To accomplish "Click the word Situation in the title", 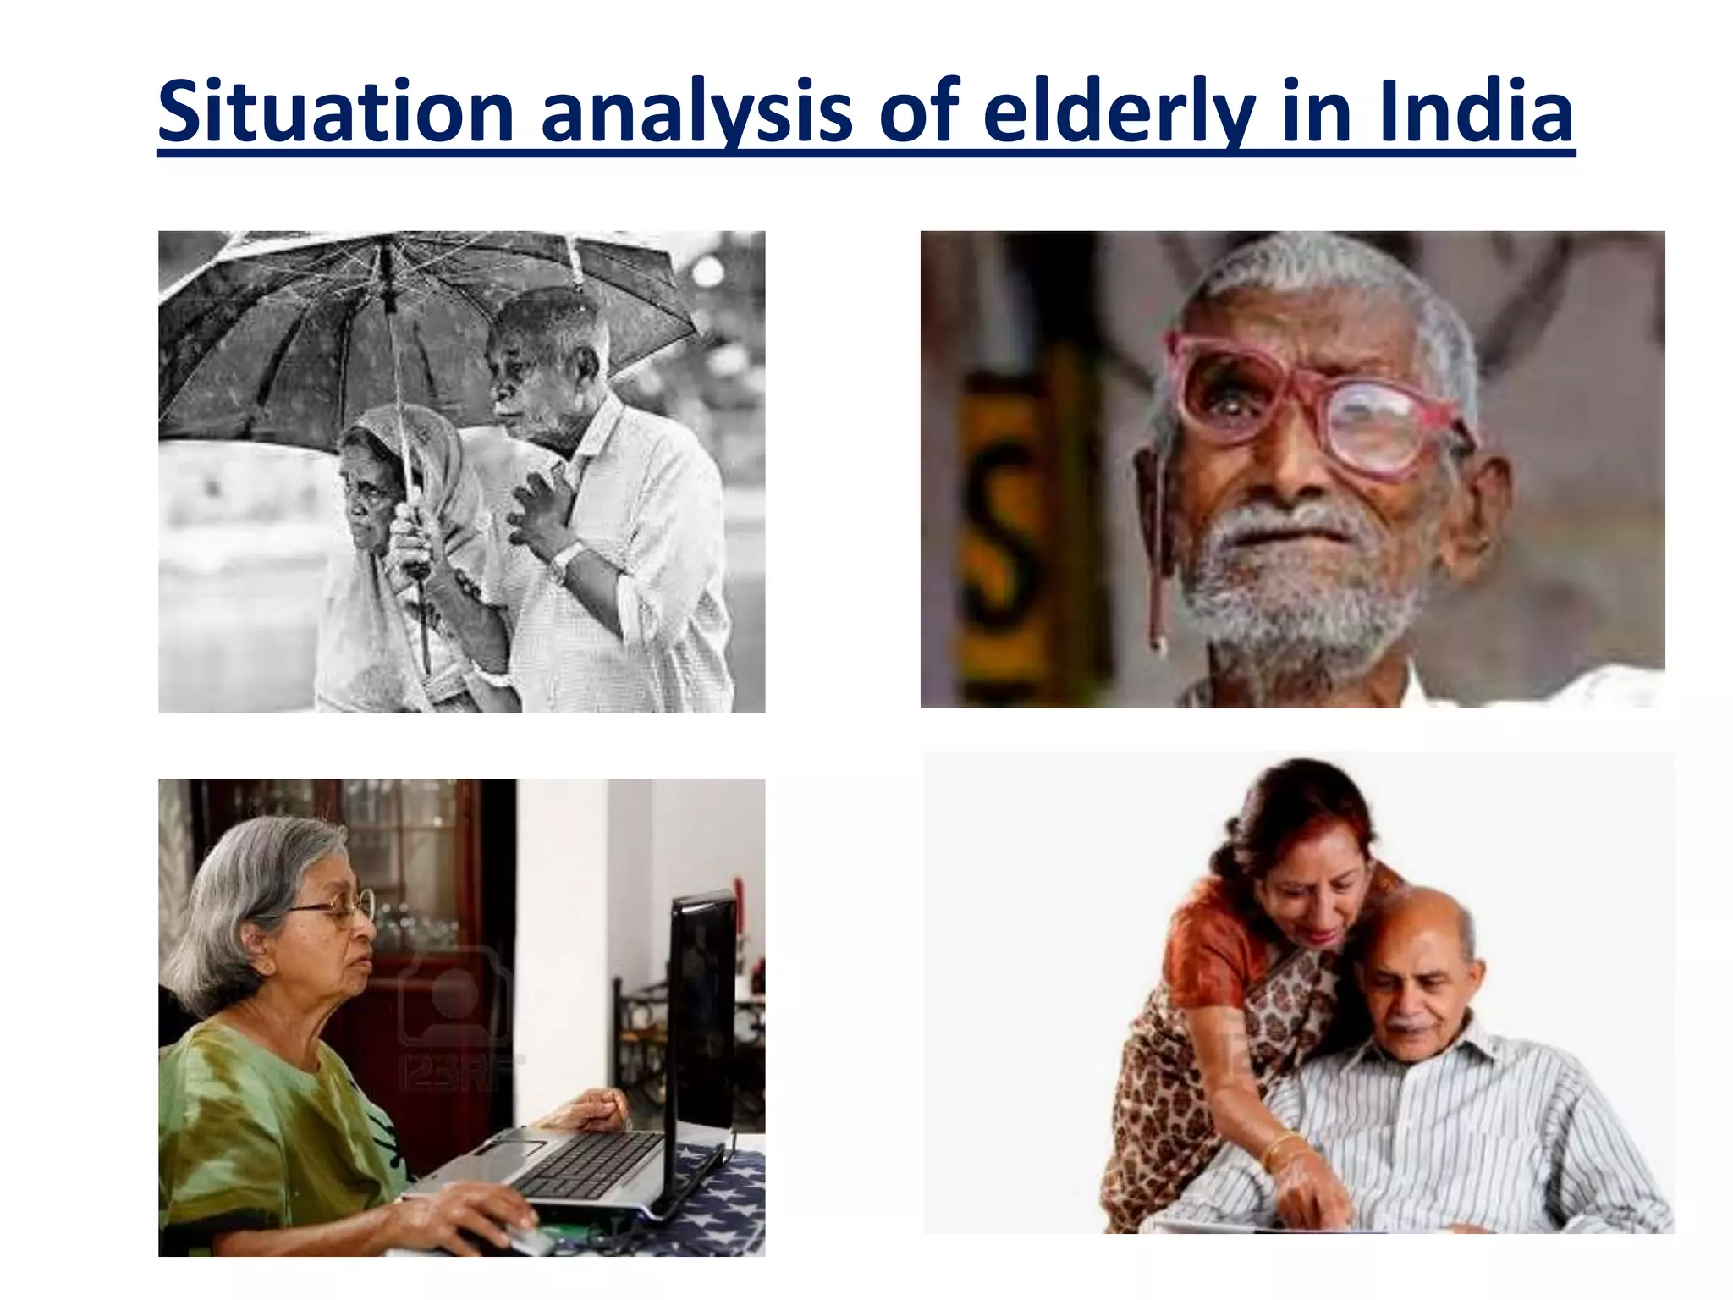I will [x=335, y=112].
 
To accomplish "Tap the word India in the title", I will [x=1476, y=112].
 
